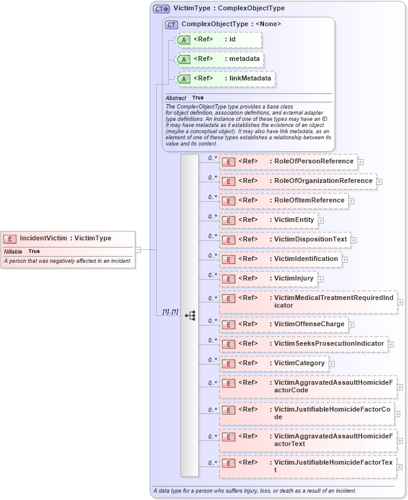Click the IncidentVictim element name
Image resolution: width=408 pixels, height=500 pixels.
point(65,238)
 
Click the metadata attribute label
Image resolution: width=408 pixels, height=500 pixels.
point(242,59)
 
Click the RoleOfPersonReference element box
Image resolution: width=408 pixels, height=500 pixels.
point(288,162)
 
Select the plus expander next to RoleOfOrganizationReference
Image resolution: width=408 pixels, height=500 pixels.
point(379,181)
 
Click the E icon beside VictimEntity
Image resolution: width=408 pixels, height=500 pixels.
point(228,220)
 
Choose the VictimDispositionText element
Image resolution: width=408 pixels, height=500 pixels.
point(285,240)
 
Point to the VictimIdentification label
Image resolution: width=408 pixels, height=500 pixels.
point(306,259)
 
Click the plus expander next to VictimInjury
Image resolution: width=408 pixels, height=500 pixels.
point(320,279)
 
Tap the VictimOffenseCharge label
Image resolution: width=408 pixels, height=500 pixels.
point(309,324)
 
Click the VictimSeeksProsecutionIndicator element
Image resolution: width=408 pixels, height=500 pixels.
point(303,344)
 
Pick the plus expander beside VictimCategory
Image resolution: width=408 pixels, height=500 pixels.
point(332,364)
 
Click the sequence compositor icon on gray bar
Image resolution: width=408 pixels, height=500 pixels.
point(190,315)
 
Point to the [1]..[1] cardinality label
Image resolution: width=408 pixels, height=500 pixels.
point(170,312)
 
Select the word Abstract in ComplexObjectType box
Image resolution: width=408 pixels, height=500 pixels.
point(176,98)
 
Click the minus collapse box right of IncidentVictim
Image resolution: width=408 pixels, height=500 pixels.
point(138,249)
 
